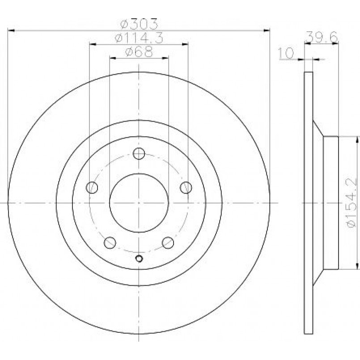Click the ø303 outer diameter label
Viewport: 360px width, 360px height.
point(140,24)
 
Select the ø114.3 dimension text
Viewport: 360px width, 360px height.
point(139,38)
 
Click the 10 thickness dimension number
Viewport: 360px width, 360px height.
point(286,53)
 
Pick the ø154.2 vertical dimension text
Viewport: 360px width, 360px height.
point(352,203)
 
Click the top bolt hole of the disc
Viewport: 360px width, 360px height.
point(139,153)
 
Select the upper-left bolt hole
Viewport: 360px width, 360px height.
point(92,187)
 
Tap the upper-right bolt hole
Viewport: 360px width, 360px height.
point(186,187)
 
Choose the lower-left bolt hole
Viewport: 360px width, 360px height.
point(110,243)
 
